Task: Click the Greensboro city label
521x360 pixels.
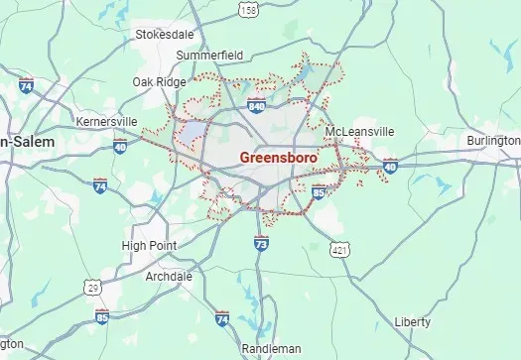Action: (279, 158)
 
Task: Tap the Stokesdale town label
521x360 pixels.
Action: (164, 34)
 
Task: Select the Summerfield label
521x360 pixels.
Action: (209, 55)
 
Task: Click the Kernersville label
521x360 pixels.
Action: (106, 121)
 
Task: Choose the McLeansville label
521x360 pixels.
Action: (359, 131)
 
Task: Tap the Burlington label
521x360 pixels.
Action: (494, 141)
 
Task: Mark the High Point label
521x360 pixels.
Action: (149, 245)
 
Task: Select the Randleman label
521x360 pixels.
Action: (271, 349)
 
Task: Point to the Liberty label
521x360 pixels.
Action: (412, 322)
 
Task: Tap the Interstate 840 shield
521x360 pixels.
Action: (256, 104)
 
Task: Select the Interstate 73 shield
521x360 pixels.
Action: (261, 242)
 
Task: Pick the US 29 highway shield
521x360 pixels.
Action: (93, 287)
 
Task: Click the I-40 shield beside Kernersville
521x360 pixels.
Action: (120, 147)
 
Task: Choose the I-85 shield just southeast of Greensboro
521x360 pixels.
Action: (319, 190)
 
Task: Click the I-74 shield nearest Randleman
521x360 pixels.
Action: (222, 319)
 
